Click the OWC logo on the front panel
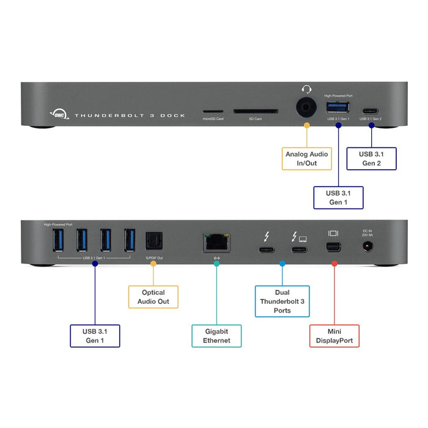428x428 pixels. [57, 114]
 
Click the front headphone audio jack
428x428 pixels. [306, 108]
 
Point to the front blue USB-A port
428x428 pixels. [336, 108]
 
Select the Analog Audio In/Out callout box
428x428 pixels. [306, 159]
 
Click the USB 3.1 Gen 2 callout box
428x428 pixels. [371, 158]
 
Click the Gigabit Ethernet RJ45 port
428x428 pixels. [216, 243]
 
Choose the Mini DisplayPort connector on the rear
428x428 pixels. [334, 247]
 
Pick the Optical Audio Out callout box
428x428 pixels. [153, 297]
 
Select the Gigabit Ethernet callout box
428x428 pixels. [216, 336]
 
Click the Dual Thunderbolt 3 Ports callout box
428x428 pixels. [282, 301]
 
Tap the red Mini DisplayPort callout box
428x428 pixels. [334, 336]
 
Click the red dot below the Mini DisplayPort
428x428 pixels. [334, 264]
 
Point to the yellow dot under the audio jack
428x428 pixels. [306, 126]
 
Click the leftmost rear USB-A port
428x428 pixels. [57, 240]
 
